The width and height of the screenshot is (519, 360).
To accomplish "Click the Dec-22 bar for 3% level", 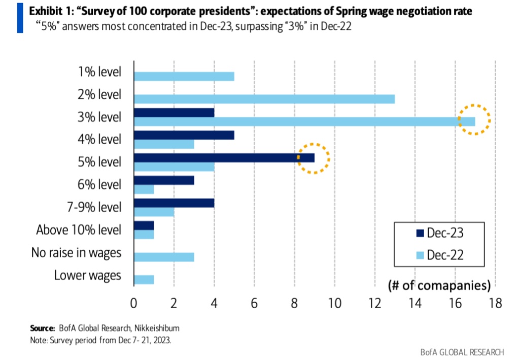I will [x=304, y=122].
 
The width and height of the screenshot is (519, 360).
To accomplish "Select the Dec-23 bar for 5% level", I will [x=224, y=157].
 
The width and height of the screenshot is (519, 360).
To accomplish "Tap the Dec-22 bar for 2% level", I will [x=264, y=99].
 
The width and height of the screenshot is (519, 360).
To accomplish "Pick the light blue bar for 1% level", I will [x=184, y=77].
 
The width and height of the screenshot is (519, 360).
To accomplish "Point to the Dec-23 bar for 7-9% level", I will [x=174, y=203].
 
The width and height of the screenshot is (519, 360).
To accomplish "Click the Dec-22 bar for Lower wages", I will [x=144, y=279].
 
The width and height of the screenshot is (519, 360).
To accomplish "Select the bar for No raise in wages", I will [x=163, y=257].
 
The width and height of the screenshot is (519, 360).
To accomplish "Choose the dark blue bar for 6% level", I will [x=163, y=180].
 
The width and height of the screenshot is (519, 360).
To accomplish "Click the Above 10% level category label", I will [x=79, y=230].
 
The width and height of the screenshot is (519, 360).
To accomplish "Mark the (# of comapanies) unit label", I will [x=439, y=285].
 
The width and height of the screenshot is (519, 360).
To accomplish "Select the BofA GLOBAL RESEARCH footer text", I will [x=462, y=352].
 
